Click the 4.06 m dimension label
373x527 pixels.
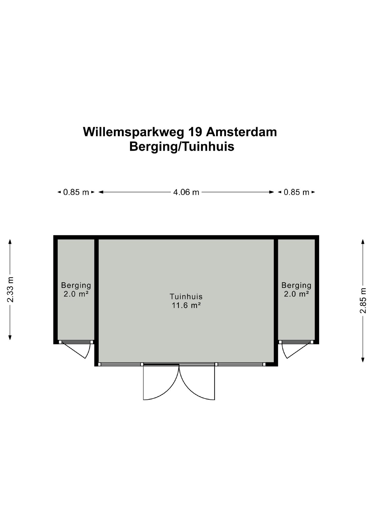[186, 192]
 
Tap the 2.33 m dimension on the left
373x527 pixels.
[10, 289]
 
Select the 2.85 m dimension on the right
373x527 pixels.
[363, 301]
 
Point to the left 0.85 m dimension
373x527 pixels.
[76, 192]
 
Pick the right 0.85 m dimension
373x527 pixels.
[296, 192]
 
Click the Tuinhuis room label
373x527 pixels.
[186, 296]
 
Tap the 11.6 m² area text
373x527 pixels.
[186, 305]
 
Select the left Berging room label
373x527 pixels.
[76, 285]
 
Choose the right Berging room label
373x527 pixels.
[296, 285]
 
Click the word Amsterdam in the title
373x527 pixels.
[241, 132]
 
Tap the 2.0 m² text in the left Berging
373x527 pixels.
[76, 294]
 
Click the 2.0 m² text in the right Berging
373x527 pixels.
[296, 294]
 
